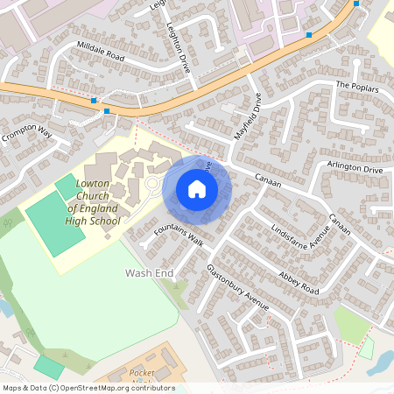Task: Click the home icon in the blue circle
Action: pyautogui.click(x=197, y=189)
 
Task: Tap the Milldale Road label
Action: pyautogui.click(x=101, y=54)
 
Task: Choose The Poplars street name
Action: pyautogui.click(x=357, y=87)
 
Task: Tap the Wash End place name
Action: pyautogui.click(x=150, y=274)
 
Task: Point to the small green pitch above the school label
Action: pyautogui.click(x=67, y=186)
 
